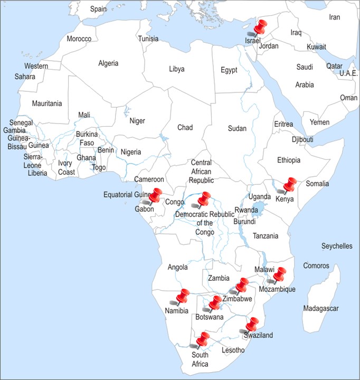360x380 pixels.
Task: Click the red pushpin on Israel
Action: click(260, 27)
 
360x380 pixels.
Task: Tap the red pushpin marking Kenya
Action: click(290, 185)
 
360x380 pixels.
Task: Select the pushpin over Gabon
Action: click(155, 196)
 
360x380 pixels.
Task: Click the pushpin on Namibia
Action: click(183, 297)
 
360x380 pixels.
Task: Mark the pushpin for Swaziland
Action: click(252, 325)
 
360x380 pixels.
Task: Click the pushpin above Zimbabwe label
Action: click(242, 286)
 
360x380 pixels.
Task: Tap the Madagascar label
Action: click(321, 308)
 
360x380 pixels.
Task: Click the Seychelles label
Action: click(337, 246)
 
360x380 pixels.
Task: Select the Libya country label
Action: click(177, 69)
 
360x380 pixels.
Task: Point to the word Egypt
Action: click(229, 70)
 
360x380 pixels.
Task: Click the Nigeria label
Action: click(131, 152)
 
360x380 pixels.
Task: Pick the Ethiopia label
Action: click(289, 160)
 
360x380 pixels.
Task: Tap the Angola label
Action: click(178, 267)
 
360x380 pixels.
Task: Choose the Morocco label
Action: click(79, 39)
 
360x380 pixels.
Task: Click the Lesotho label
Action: click(233, 350)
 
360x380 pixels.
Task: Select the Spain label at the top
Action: click(98, 9)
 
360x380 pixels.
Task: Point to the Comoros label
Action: click(316, 266)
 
